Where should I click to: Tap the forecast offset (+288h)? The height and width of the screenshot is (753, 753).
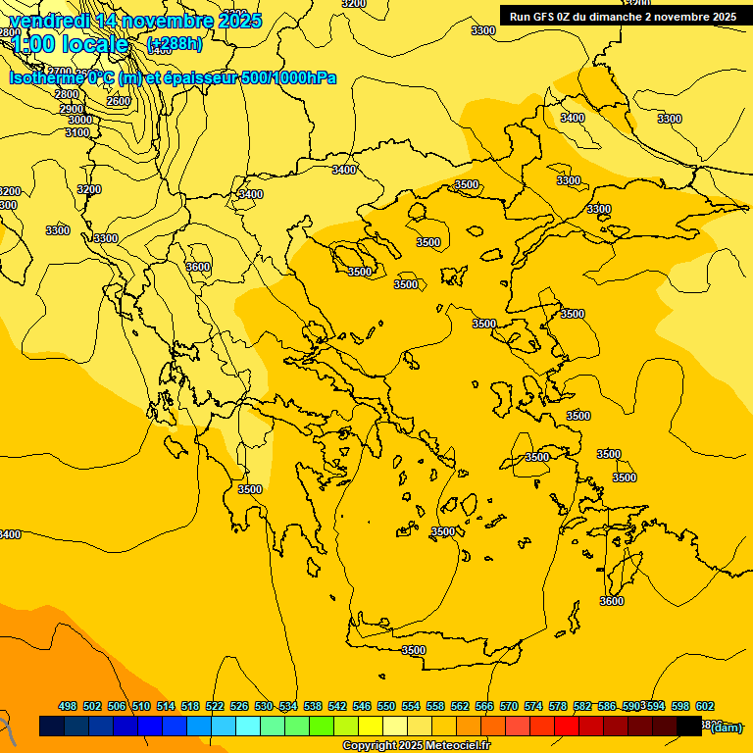click(x=175, y=44)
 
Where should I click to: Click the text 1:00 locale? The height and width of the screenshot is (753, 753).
click(x=70, y=44)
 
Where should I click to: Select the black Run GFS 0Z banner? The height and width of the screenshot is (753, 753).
click(x=623, y=16)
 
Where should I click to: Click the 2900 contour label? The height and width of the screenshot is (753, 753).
click(x=72, y=108)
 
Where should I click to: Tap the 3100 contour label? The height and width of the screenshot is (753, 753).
click(x=77, y=132)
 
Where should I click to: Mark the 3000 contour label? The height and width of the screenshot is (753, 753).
click(x=79, y=120)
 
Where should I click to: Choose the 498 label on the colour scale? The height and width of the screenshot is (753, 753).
click(x=68, y=706)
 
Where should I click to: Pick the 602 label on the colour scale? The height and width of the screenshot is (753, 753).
click(x=704, y=706)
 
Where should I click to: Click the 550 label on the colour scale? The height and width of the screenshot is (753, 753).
click(x=386, y=706)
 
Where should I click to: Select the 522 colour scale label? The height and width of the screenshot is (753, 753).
click(x=215, y=706)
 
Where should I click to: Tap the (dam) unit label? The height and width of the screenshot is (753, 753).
click(x=726, y=727)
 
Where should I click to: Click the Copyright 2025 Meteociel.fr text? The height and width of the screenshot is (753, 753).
click(x=416, y=746)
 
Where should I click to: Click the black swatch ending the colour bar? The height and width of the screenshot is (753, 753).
click(x=689, y=727)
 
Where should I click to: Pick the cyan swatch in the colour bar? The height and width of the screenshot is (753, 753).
click(x=248, y=727)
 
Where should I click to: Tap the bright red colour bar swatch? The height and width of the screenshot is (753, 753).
click(x=567, y=727)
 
